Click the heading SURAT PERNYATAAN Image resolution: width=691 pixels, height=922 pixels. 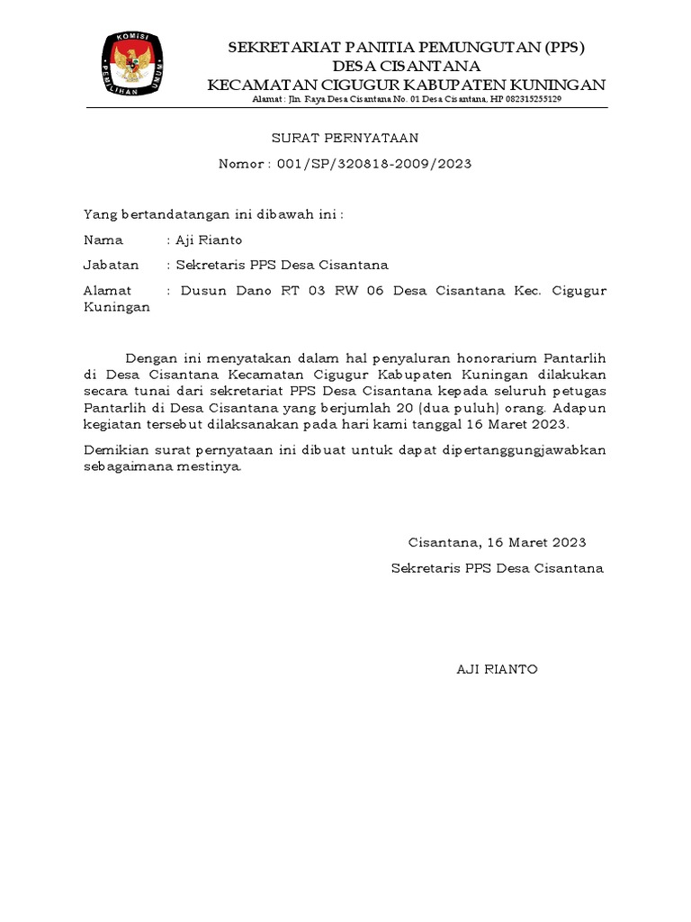pos(345,138)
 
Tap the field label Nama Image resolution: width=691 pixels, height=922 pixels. pos(103,240)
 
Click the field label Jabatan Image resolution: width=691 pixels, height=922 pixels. pos(111,265)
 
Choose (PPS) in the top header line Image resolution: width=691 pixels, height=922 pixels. pos(571,47)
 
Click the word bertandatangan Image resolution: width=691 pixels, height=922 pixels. pos(174,214)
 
